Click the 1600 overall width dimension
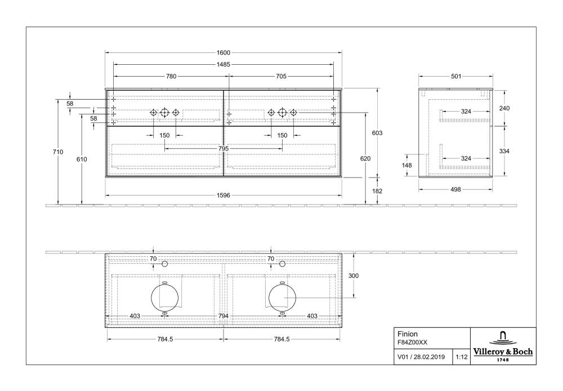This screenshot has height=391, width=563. coord(224,53)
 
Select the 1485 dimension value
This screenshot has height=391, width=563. coord(224,65)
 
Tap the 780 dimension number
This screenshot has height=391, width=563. coord(171,76)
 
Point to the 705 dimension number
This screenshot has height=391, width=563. coord(281,76)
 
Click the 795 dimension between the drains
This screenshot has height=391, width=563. coord(224,148)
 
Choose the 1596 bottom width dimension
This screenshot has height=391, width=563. coord(224,195)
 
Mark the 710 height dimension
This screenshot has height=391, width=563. coord(58,152)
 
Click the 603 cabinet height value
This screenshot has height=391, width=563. coord(377,133)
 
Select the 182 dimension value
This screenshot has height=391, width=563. coord(377,191)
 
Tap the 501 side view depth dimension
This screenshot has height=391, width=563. coord(456,76)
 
